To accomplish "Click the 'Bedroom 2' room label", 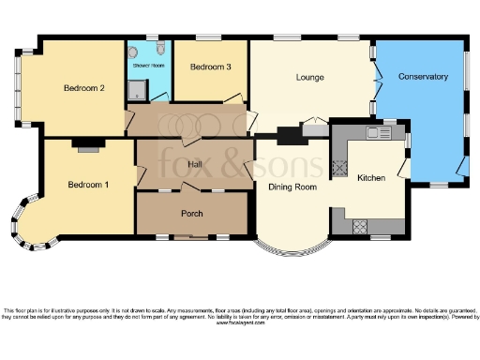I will (82, 88).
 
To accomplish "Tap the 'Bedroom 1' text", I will (87, 185).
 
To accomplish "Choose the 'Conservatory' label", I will (423, 76).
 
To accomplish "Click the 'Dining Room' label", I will (292, 187).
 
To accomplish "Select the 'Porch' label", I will (191, 213).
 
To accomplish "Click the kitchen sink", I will (378, 133).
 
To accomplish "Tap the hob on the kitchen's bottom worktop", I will (359, 225).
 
